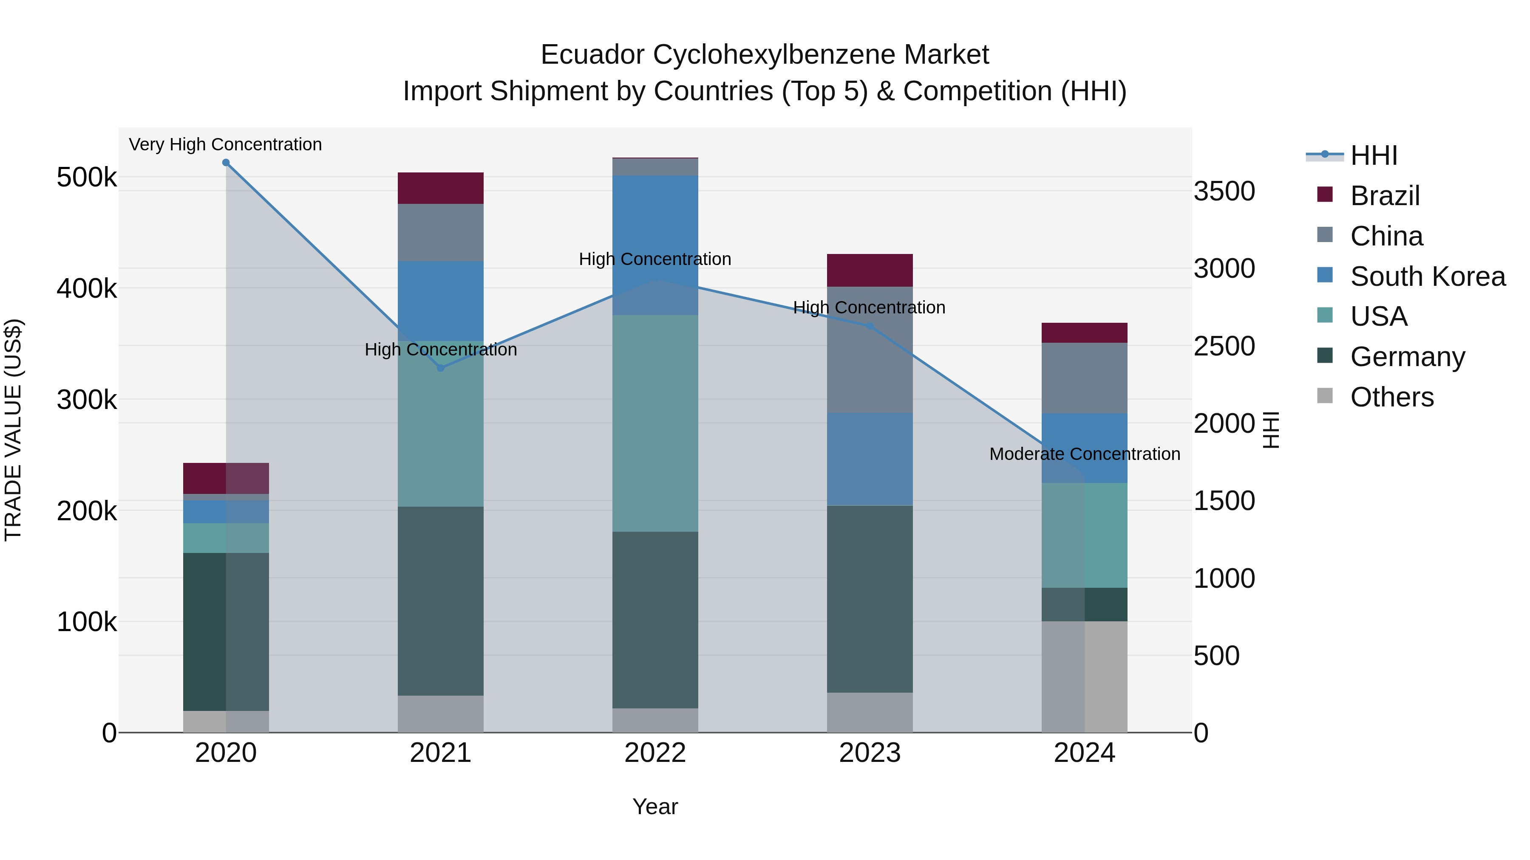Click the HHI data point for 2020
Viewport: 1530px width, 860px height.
pyautogui.click(x=226, y=163)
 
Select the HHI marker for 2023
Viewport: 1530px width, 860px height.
pyautogui.click(x=870, y=326)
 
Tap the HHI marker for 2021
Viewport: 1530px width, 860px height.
pyautogui.click(x=441, y=368)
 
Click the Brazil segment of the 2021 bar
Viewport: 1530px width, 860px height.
pyautogui.click(x=441, y=188)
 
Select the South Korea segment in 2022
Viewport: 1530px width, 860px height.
pyautogui.click(x=655, y=245)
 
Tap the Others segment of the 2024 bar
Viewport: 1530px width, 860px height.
pyautogui.click(x=1085, y=677)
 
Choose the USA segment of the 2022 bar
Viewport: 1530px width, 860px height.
pyautogui.click(x=655, y=423)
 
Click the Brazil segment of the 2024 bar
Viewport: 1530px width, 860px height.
pyautogui.click(x=1085, y=333)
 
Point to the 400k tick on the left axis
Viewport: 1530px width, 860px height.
pyautogui.click(x=87, y=289)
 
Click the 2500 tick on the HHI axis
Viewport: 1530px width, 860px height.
pyautogui.click(x=1224, y=347)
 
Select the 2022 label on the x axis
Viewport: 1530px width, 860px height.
pyautogui.click(x=655, y=753)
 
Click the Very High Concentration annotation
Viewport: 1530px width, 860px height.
pyautogui.click(x=225, y=145)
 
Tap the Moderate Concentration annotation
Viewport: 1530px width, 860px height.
pyautogui.click(x=1085, y=454)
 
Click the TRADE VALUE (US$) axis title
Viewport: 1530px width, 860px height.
pyautogui.click(x=13, y=430)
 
